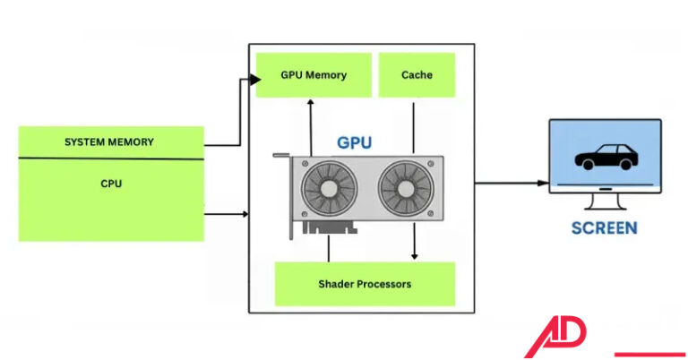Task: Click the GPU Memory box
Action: (313, 74)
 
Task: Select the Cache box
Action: (417, 74)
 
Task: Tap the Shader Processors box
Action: (364, 284)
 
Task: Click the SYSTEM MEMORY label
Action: (109, 142)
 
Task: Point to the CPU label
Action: (111, 184)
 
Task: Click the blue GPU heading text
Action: (354, 142)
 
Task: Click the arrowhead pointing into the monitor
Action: (544, 183)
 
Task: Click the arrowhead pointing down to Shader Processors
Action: (414, 255)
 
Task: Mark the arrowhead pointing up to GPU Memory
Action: (310, 102)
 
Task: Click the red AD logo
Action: (555, 338)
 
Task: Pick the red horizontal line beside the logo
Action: (649, 353)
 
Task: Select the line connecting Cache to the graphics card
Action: (414, 125)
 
